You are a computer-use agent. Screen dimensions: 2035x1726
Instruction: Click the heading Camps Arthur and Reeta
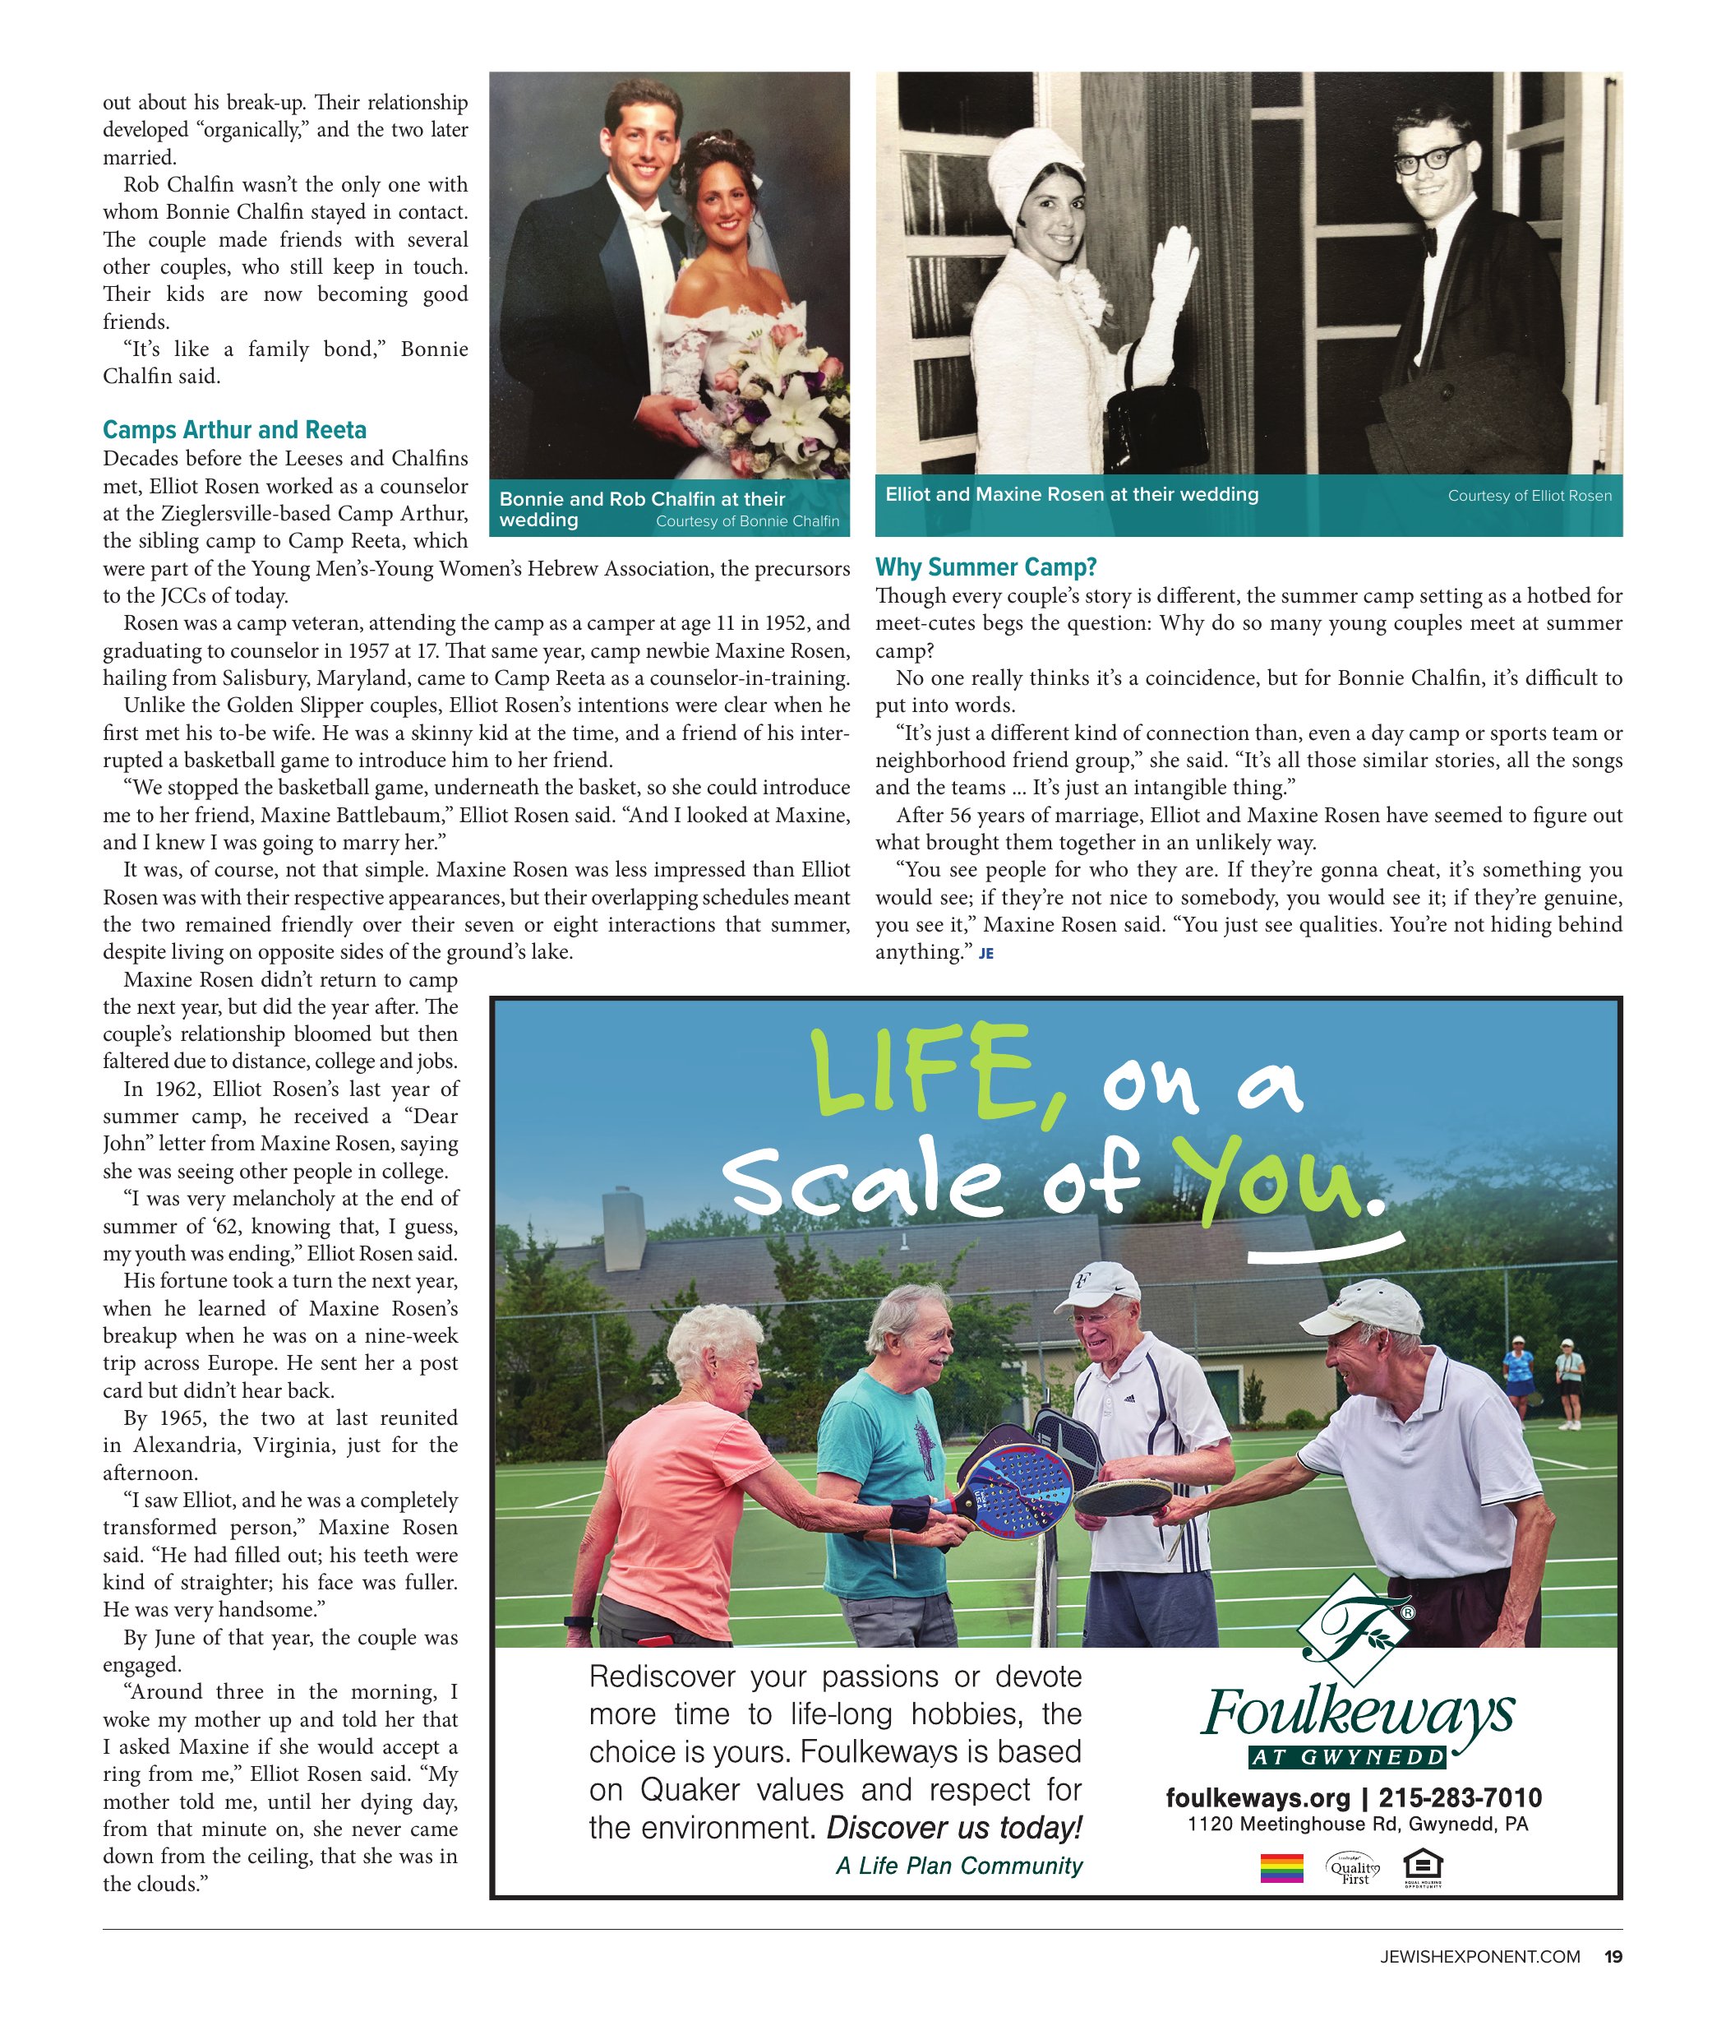point(235,430)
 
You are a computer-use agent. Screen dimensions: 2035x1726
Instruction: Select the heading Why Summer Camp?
point(985,567)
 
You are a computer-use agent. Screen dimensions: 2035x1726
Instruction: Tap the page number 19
point(1613,1956)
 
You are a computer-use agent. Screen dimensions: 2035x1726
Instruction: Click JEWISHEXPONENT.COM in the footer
point(1479,1956)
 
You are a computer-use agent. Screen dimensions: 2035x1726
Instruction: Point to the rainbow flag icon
point(1281,1869)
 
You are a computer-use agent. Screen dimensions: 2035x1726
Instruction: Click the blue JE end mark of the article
point(985,954)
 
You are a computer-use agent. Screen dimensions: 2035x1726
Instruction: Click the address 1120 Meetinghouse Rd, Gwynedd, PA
point(1357,1824)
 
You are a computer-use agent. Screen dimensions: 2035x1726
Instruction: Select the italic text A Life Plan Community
point(959,1866)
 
